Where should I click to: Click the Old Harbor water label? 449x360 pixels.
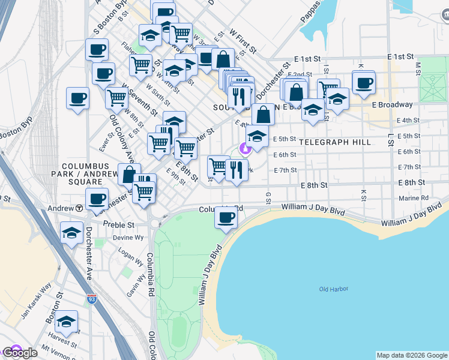[x=334, y=289]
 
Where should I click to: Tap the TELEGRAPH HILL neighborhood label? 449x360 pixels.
[x=331, y=142]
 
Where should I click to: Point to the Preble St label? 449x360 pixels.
[x=118, y=224]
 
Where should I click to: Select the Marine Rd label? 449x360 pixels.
[x=413, y=198]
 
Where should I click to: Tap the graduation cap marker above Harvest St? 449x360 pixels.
[x=66, y=321]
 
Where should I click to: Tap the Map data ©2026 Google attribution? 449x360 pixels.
[x=412, y=355]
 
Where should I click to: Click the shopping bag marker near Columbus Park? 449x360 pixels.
[x=129, y=175]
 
